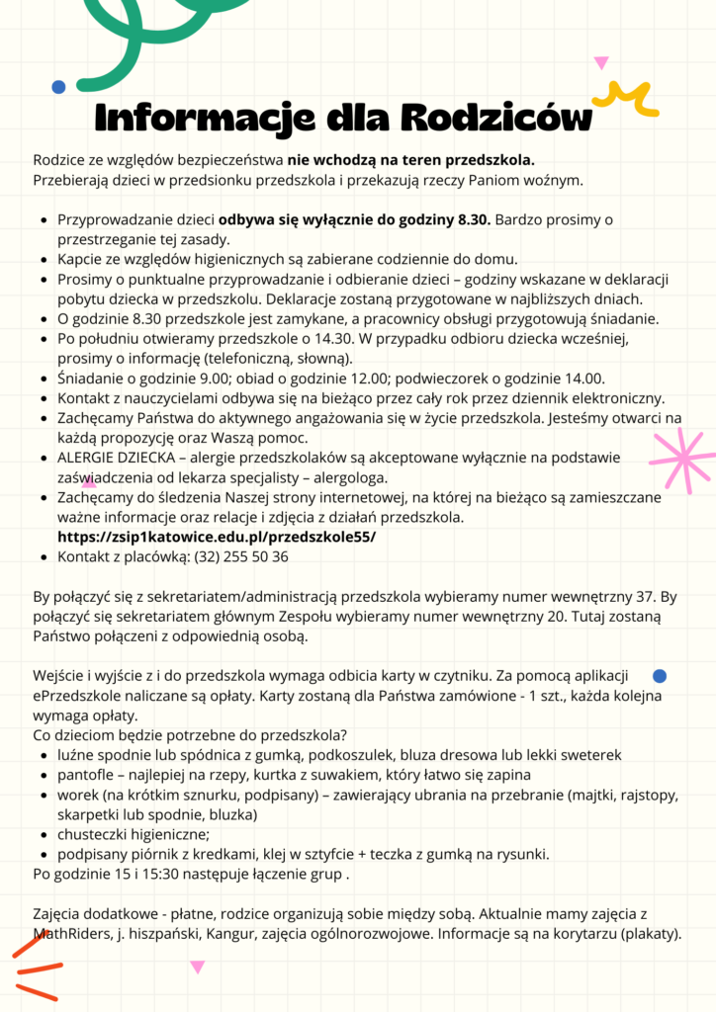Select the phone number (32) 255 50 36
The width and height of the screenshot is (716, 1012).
click(x=241, y=556)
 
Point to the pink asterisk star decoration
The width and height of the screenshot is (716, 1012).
click(x=679, y=459)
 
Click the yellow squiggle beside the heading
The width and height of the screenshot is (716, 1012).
click(x=626, y=98)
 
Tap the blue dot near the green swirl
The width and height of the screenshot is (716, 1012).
click(x=58, y=87)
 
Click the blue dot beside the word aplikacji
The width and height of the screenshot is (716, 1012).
click(x=661, y=676)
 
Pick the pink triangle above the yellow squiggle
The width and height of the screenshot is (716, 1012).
click(x=601, y=63)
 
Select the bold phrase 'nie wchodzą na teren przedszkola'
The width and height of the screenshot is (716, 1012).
click(x=411, y=160)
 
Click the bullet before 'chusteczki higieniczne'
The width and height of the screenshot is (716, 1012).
click(x=45, y=834)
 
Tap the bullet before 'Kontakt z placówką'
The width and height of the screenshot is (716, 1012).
click(x=45, y=556)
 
